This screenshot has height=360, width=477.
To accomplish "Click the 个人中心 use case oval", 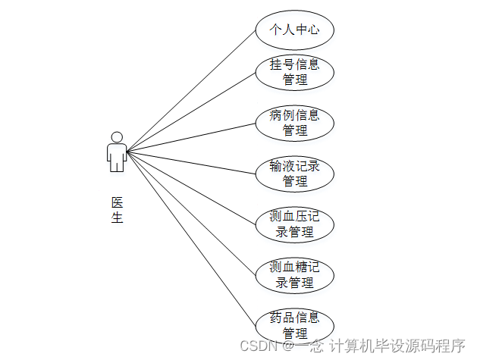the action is click(294, 30).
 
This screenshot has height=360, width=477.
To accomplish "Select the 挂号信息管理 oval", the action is click(294, 72).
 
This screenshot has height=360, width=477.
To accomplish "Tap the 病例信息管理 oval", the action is click(294, 123).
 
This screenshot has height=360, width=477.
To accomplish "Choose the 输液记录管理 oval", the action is click(294, 174).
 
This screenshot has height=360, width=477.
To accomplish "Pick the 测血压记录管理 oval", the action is click(294, 224).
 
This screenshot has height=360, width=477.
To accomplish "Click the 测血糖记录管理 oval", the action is click(294, 275).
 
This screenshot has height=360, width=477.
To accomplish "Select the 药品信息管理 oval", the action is click(294, 324).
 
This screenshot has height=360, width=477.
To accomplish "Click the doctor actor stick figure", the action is click(117, 154).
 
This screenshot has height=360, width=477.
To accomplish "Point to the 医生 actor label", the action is click(117, 210).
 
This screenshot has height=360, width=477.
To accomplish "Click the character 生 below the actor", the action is click(117, 218).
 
